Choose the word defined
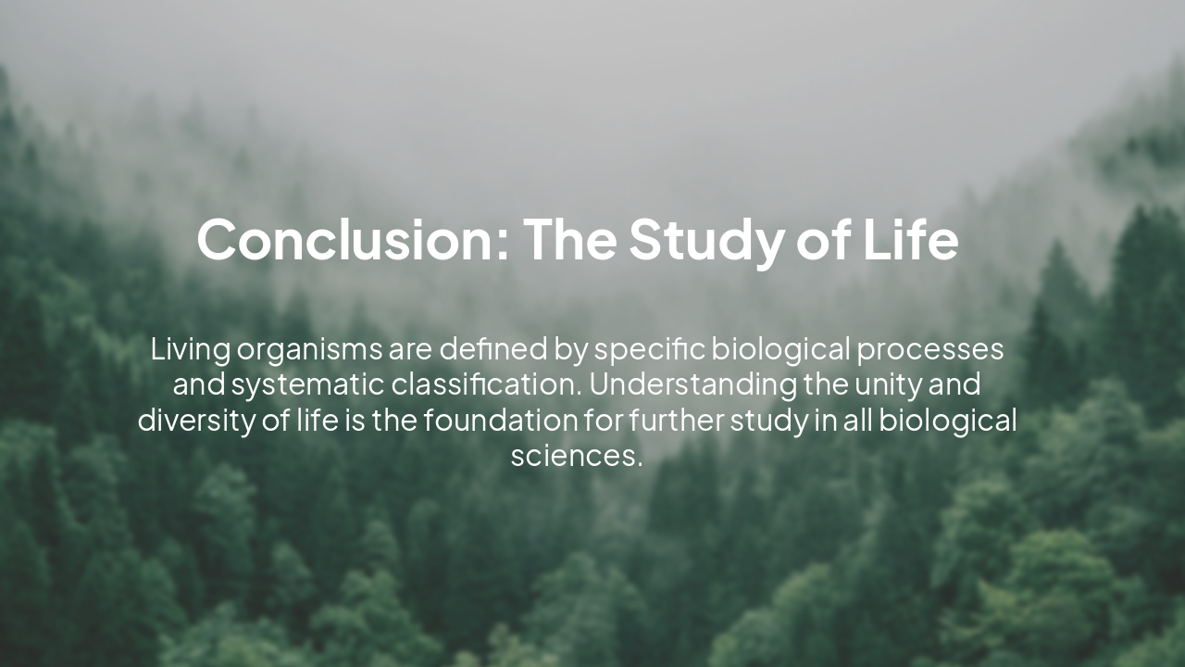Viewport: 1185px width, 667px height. pos(493,349)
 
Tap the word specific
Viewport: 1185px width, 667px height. pos(649,351)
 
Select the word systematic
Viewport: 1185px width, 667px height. pos(306,384)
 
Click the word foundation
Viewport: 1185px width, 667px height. pos(500,420)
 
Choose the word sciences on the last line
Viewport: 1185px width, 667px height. pos(573,455)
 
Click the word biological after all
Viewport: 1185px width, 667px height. pos(947,421)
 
